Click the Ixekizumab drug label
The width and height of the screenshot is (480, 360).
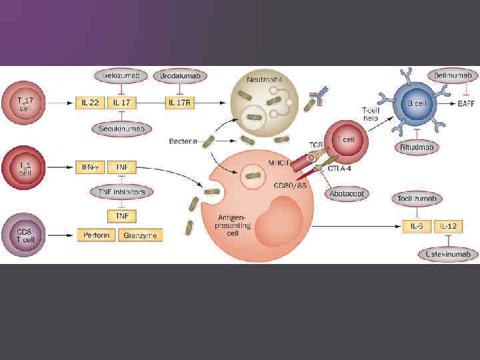pyautogui.click(x=120, y=76)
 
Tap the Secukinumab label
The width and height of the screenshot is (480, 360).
pyautogui.click(x=120, y=128)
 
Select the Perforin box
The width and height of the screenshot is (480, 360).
pyautogui.click(x=97, y=235)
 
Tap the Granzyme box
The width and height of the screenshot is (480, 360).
pyautogui.click(x=141, y=235)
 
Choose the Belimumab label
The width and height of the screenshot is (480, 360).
pyautogui.click(x=453, y=76)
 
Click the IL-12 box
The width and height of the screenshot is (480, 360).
pyautogui.click(x=448, y=227)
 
